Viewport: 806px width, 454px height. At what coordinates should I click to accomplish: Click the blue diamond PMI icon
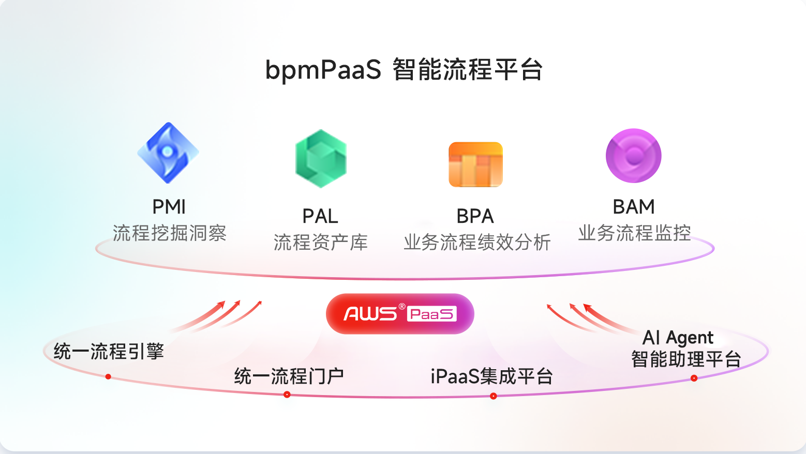click(x=168, y=153)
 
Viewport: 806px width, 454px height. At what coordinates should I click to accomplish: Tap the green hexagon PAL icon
click(x=321, y=159)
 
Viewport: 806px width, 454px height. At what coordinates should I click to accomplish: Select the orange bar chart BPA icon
click(x=475, y=164)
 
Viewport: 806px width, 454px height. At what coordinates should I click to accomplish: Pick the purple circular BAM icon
click(x=634, y=156)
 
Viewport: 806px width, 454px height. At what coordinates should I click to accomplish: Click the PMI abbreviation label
click(x=169, y=207)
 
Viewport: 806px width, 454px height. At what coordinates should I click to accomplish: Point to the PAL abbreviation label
click(x=320, y=216)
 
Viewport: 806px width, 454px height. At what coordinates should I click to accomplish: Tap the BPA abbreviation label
click(x=475, y=216)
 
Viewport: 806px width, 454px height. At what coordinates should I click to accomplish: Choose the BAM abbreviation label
click(x=634, y=207)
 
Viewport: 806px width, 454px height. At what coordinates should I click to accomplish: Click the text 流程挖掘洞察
click(x=170, y=233)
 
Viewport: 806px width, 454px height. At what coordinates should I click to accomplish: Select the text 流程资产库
click(x=321, y=242)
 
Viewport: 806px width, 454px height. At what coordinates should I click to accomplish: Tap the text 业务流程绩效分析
click(x=477, y=242)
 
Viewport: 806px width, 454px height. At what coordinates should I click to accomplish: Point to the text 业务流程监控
click(x=634, y=233)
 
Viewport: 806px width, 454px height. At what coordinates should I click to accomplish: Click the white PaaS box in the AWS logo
click(x=432, y=314)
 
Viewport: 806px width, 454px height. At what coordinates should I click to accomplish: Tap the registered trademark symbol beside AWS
click(x=402, y=307)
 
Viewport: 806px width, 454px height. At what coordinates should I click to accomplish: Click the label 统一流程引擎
click(x=109, y=352)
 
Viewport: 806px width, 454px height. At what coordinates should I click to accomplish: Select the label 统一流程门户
click(x=289, y=376)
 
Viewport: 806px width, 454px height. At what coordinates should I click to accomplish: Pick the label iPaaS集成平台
click(x=491, y=376)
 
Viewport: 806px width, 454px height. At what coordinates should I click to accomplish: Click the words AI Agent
click(x=678, y=338)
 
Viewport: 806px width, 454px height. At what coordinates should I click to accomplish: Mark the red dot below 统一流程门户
click(x=287, y=395)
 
